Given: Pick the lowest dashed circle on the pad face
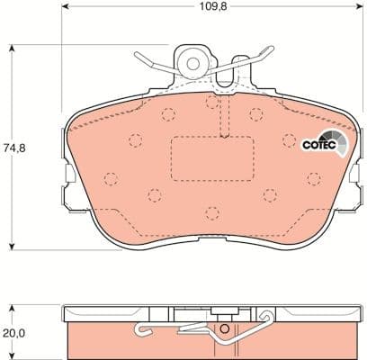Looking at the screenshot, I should pos(211,213).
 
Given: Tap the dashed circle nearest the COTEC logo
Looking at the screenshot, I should pos(289,139).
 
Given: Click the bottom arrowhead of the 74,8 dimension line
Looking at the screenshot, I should pos(11,247).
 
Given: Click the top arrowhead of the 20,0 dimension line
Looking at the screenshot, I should pos(11,308).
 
